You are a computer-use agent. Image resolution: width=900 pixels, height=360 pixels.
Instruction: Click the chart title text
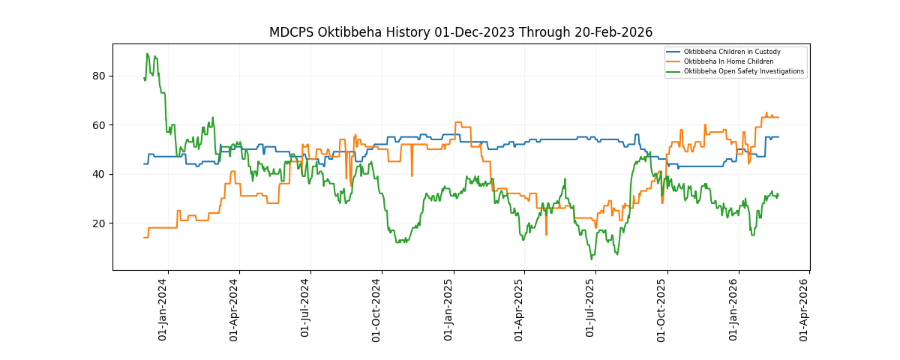click(x=460, y=32)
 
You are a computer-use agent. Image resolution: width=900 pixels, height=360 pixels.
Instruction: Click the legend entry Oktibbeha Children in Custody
click(x=732, y=52)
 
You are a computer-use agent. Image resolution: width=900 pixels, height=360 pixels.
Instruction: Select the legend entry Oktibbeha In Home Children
click(x=728, y=61)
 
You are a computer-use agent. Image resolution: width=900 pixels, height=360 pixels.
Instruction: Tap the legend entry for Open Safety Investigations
click(x=743, y=71)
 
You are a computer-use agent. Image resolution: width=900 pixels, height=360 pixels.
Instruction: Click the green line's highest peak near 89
click(x=147, y=54)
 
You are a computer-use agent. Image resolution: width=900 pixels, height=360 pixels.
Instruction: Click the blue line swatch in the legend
click(x=673, y=52)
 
